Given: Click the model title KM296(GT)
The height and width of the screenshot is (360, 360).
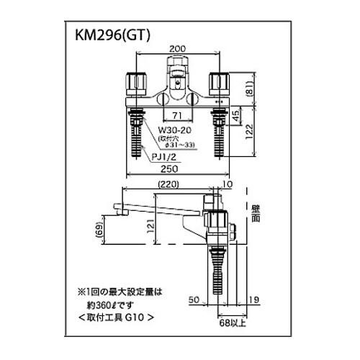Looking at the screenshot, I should coord(112,37).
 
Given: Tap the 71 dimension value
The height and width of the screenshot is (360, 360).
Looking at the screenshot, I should coord(176,114).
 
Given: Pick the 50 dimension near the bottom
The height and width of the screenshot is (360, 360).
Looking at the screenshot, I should coord(194,299).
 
